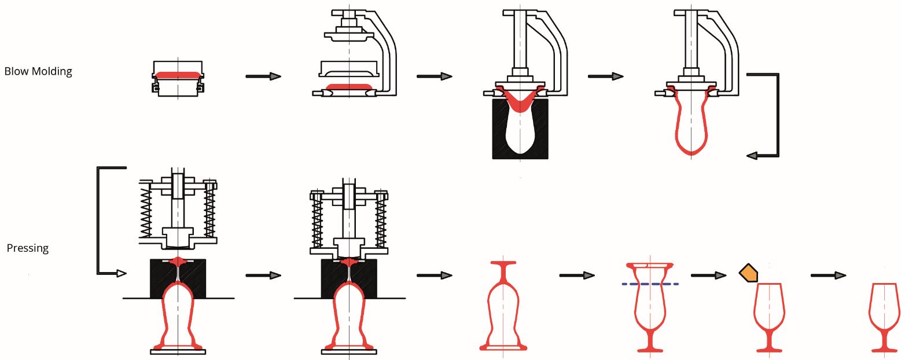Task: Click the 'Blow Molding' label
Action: point(38,72)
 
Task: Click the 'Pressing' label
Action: point(27,248)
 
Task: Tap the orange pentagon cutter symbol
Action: point(748,273)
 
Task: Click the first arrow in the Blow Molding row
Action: point(263,76)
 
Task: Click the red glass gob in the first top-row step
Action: point(177,75)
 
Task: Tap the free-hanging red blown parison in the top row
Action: point(691,127)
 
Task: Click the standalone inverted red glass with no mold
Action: point(503,307)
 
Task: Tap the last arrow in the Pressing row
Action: point(828,276)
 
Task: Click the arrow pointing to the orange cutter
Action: point(708,275)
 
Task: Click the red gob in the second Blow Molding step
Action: point(349,87)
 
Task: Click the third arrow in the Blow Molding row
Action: point(605,76)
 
